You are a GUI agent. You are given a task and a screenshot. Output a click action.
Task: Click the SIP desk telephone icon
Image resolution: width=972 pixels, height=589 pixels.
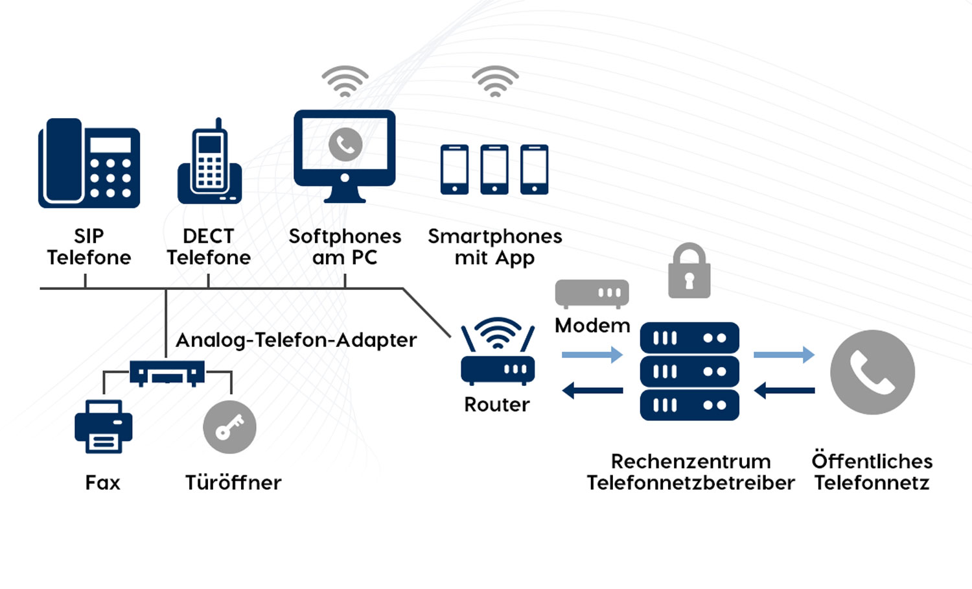coord(89,163)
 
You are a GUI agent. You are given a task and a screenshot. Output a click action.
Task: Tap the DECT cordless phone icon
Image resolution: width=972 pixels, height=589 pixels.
coord(209,163)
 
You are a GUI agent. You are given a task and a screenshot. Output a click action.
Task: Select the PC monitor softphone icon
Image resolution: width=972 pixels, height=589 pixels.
coord(345,156)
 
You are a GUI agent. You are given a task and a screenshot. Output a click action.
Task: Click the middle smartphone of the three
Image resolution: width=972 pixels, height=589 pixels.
coord(494,169)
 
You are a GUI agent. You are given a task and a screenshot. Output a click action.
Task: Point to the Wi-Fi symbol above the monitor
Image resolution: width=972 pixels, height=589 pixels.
coord(345,82)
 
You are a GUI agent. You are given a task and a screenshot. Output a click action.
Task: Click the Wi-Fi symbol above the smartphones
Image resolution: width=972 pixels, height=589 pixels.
coord(495,82)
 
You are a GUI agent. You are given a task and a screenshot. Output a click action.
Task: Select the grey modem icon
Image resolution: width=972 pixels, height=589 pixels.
coord(592,293)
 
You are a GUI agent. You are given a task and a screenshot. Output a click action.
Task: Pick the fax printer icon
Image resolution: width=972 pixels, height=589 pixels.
coord(104,426)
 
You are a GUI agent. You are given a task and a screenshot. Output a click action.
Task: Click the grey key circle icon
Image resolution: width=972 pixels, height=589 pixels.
coord(229,427)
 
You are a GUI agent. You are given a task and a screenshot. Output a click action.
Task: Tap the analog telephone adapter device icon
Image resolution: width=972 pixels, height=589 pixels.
coord(167,373)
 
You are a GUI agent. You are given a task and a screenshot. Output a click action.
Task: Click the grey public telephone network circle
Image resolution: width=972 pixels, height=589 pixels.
coord(872,372)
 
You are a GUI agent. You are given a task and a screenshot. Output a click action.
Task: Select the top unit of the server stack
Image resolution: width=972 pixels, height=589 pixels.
coord(689,338)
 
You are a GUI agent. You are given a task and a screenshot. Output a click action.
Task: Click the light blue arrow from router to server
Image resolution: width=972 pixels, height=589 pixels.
coord(592,354)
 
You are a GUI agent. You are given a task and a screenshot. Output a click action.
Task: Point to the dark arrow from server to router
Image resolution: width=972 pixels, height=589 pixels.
coord(592,391)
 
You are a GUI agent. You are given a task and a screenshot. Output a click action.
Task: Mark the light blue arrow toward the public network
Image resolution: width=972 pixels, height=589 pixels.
coord(783,354)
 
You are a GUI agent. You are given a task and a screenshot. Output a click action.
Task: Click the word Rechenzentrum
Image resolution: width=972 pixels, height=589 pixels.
coord(691,461)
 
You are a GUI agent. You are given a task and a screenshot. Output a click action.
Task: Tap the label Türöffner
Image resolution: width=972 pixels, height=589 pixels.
coord(233,483)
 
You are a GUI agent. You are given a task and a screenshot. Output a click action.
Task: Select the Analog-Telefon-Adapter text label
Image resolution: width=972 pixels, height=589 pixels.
coord(296,340)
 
